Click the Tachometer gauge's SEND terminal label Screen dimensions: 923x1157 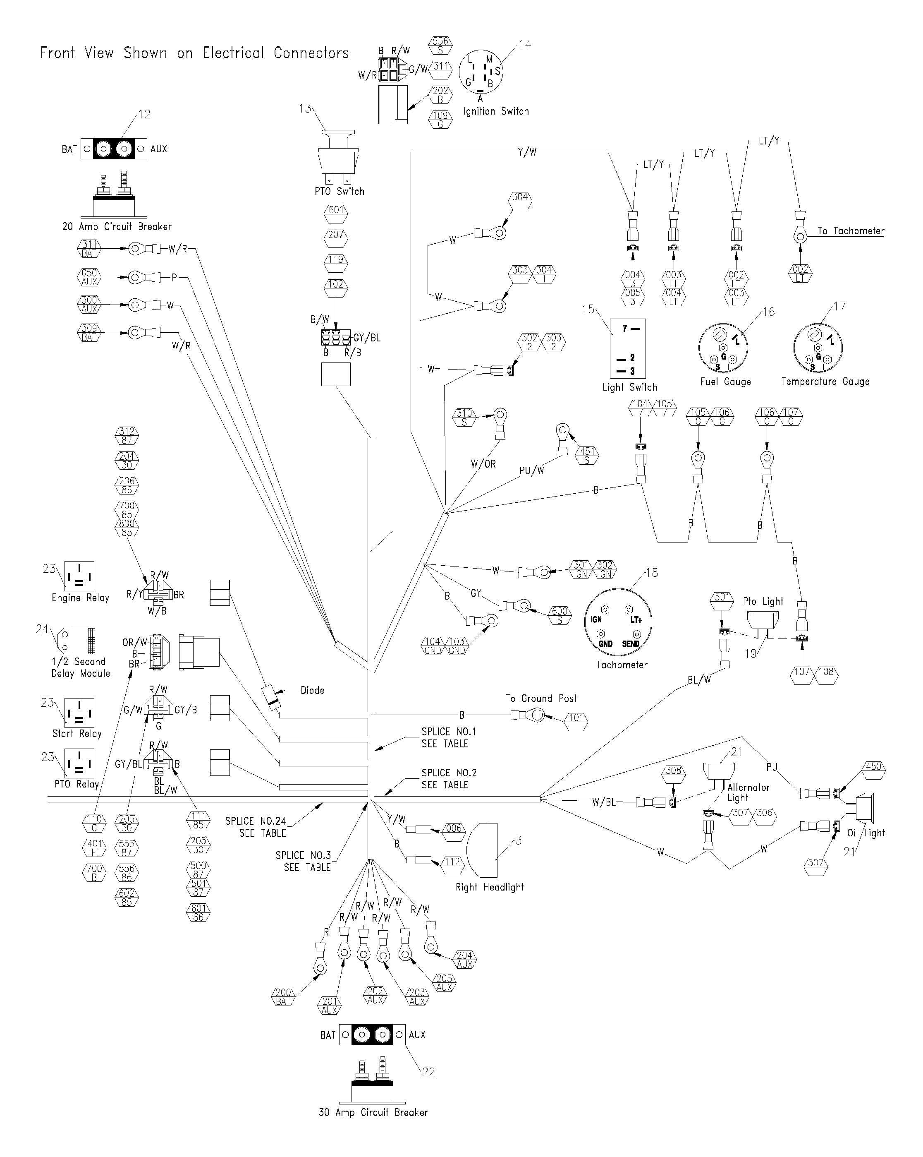tap(631, 644)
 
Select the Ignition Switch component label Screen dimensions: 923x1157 tap(496, 112)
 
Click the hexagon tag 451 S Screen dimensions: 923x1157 tap(587, 456)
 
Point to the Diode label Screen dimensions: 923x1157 tap(312, 690)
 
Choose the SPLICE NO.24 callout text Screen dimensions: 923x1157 tap(256, 826)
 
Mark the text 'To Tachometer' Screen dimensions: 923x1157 tap(851, 231)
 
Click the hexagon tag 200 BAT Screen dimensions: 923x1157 tap(283, 996)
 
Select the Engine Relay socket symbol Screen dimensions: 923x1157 tap(79, 576)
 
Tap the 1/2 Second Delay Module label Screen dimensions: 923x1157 tap(81, 667)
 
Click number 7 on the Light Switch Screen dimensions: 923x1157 tap(624, 328)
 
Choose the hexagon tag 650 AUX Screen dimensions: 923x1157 tap(89, 277)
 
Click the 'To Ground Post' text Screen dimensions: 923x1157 tap(541, 698)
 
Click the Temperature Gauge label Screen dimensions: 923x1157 tap(825, 382)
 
